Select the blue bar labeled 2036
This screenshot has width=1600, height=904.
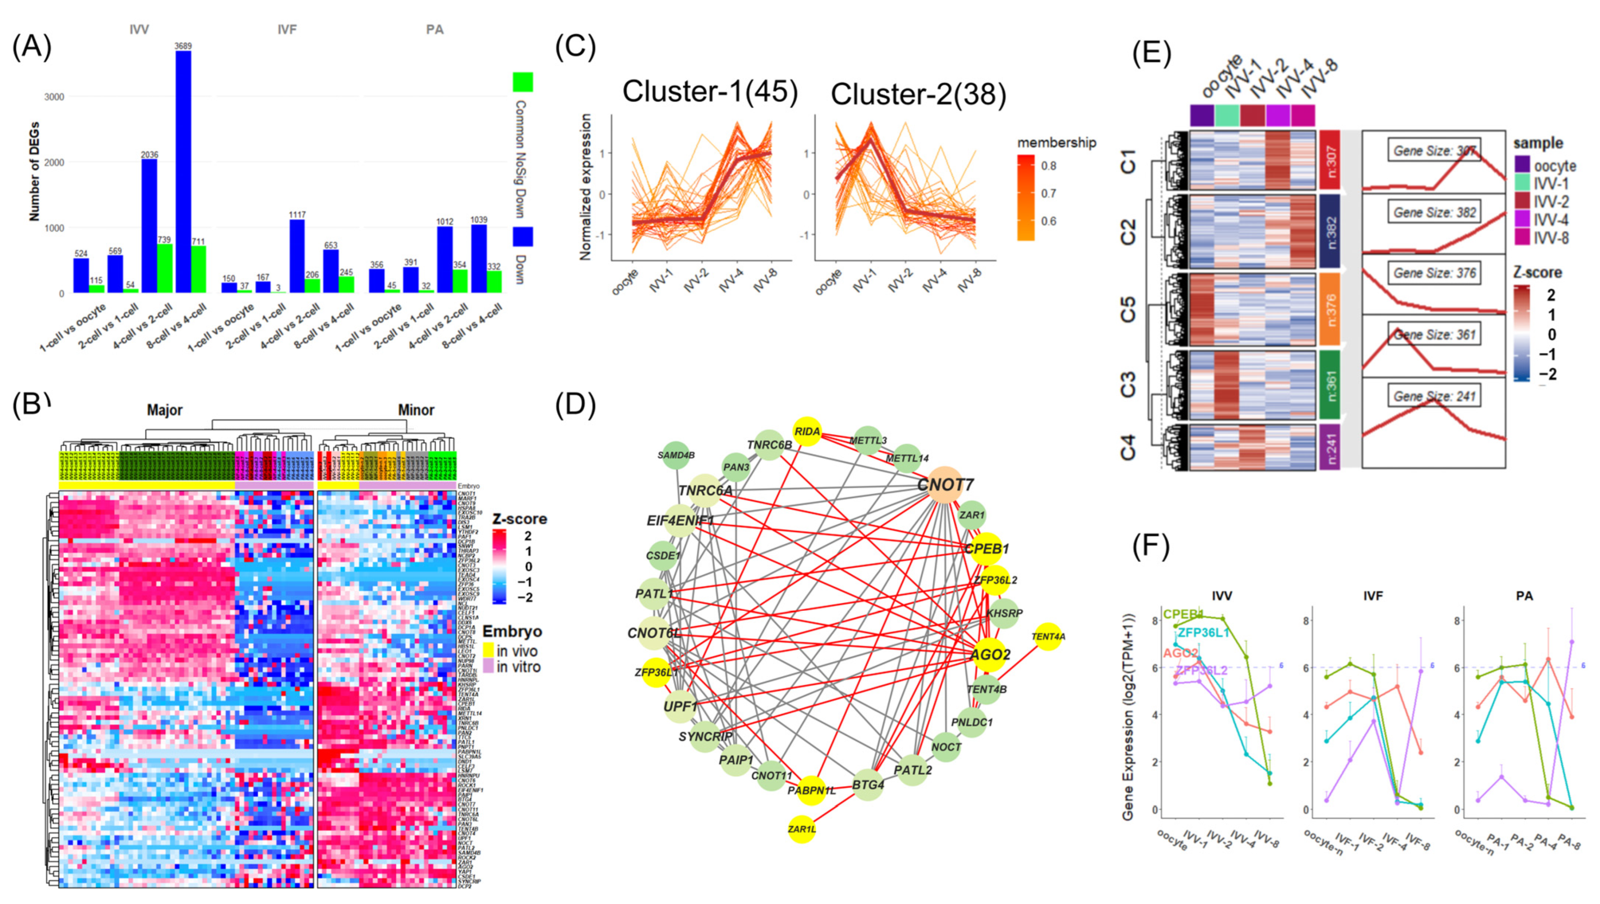click(x=149, y=226)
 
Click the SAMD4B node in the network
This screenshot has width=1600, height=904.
click(x=676, y=455)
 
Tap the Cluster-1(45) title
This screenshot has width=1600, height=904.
click(x=710, y=92)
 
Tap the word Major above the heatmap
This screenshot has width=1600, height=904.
click(x=165, y=410)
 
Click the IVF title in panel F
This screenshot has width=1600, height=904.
click(x=1373, y=596)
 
